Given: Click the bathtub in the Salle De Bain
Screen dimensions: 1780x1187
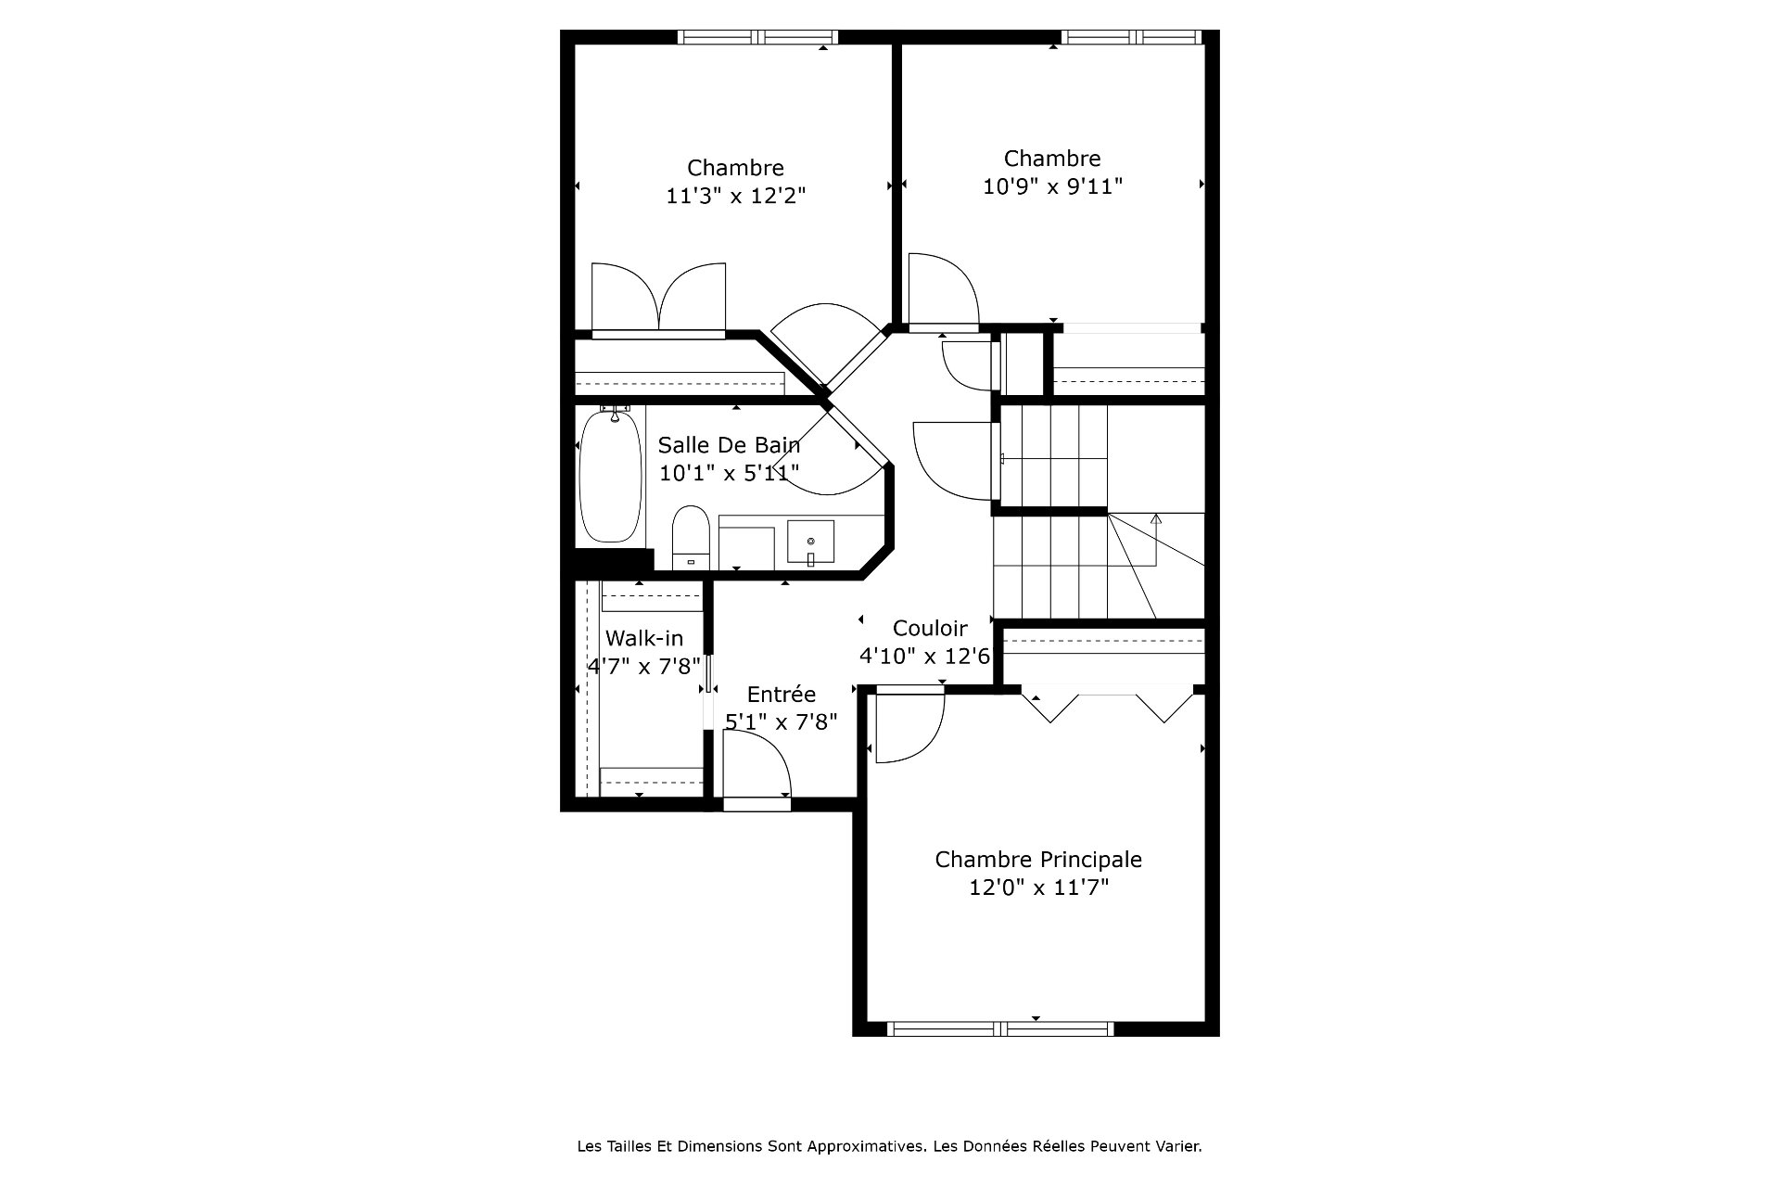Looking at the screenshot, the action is point(610,477).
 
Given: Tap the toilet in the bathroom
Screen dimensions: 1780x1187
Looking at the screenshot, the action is point(690,537).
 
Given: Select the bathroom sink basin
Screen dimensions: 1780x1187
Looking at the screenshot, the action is point(811,542).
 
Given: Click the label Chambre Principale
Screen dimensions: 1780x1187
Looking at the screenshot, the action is point(1038,860).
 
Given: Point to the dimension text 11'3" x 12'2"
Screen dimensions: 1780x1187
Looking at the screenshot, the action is point(736,196).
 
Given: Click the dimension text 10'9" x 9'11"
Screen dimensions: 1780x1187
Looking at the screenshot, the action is point(1052,186).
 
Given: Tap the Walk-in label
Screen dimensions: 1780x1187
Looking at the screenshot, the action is point(644,638).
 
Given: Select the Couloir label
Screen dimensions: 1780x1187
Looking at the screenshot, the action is point(930,629).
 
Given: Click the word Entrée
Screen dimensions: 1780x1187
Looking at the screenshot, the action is point(782,695).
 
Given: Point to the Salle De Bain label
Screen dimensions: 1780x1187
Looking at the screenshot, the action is point(729,445).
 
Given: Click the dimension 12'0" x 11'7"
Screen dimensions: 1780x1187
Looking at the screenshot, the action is point(1039,887).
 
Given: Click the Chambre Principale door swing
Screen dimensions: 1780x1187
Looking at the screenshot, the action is point(909,729).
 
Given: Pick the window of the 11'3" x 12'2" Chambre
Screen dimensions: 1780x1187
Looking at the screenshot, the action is point(757,37).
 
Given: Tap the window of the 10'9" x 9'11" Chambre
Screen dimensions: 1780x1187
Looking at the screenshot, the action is point(1132,37).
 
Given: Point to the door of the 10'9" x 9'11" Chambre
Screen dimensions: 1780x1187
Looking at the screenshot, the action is point(944,293).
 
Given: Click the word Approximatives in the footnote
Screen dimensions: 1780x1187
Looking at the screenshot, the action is point(867,1146).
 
